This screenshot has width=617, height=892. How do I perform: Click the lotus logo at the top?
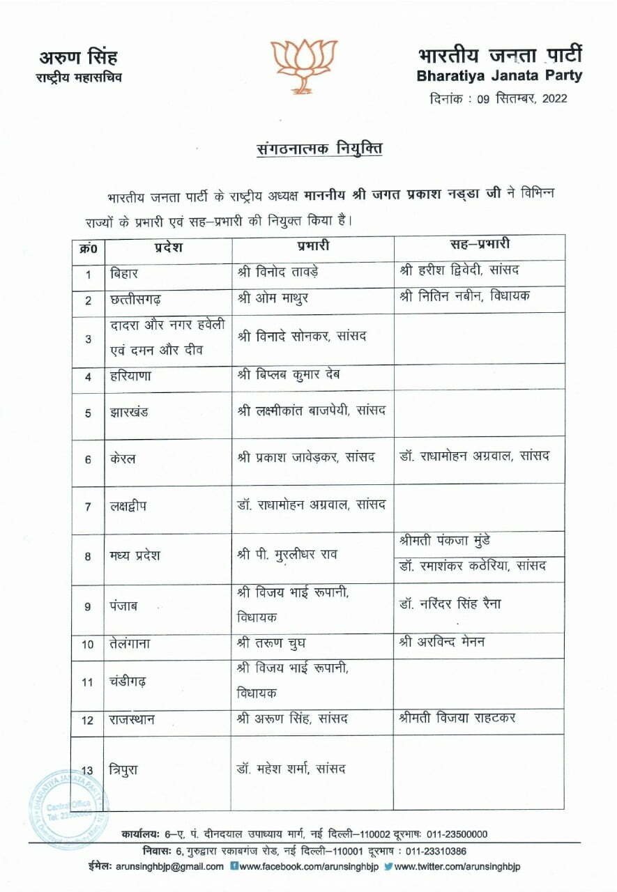pyautogui.click(x=303, y=64)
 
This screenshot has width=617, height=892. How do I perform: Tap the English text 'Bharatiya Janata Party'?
pyautogui.click(x=499, y=75)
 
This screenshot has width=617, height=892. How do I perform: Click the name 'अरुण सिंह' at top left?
pyautogui.click(x=78, y=57)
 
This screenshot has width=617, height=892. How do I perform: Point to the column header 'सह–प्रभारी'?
pyautogui.click(x=479, y=245)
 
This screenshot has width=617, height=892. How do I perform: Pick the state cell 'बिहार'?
pyautogui.click(x=125, y=272)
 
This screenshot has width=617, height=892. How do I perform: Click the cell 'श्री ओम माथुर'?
pyautogui.click(x=273, y=298)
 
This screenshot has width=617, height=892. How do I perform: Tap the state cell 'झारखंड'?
pyautogui.click(x=129, y=413)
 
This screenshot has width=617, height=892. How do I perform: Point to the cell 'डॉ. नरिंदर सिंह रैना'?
pyautogui.click(x=450, y=603)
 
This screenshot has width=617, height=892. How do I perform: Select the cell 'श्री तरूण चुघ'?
pyautogui.click(x=271, y=643)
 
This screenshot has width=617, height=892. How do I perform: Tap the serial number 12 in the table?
pyautogui.click(x=88, y=720)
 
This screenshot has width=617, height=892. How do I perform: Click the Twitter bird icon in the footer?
pyautogui.click(x=388, y=866)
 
